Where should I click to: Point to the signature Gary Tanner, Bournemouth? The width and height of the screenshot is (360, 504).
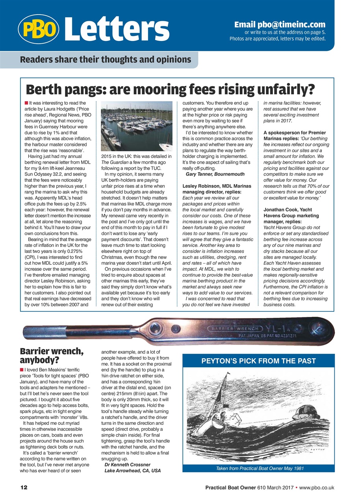tap(215, 174)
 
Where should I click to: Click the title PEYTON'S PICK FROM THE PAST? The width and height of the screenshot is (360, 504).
tap(258, 361)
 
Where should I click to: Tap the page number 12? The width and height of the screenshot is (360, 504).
tap(24, 487)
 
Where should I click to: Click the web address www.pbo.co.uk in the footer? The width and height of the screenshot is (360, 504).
tap(317, 487)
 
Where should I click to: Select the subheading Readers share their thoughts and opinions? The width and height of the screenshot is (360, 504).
tap(106, 60)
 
